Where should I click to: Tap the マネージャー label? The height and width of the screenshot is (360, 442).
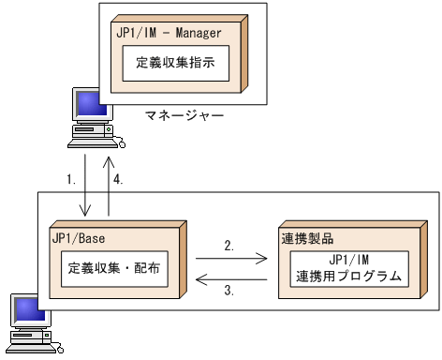(184, 116)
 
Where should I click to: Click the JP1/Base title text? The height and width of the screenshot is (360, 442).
(79, 239)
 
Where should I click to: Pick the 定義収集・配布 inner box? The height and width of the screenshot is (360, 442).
(114, 268)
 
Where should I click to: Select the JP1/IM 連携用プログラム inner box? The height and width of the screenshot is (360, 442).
(347, 268)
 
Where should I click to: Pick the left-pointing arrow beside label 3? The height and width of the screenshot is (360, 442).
(231, 278)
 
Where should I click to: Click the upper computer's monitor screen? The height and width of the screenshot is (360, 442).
(90, 104)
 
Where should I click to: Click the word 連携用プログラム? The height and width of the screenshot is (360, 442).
(347, 277)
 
